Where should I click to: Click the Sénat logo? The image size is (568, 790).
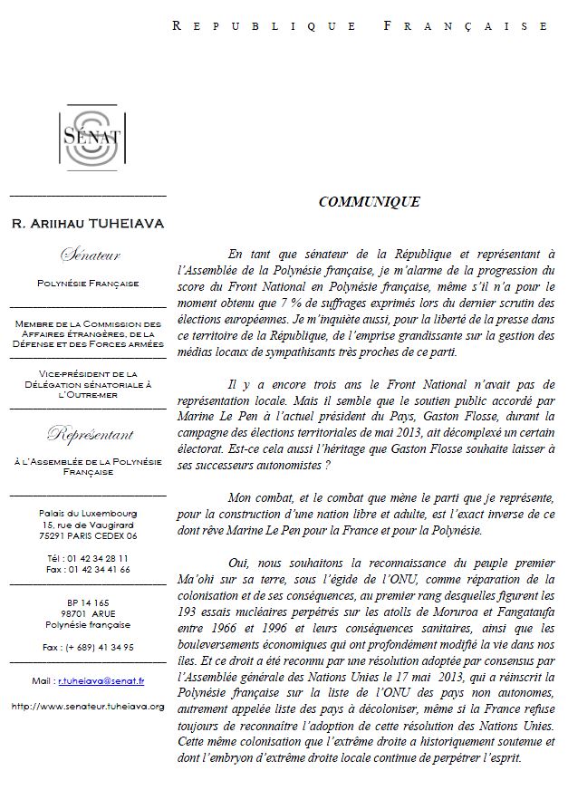88,139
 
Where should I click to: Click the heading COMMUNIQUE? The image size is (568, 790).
369,202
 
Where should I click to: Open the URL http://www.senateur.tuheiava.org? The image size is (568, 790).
88,704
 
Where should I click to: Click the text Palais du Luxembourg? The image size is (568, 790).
88,513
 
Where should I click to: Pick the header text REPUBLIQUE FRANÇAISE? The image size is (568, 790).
360,26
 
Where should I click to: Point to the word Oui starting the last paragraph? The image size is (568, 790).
240,563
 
